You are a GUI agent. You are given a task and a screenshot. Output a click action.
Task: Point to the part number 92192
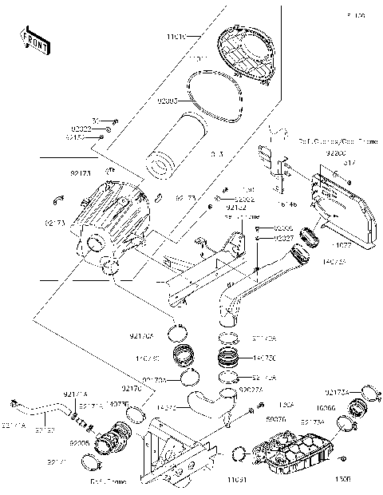[x=214, y=208]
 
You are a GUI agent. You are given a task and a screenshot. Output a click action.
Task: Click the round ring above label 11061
[x=238, y=455]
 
